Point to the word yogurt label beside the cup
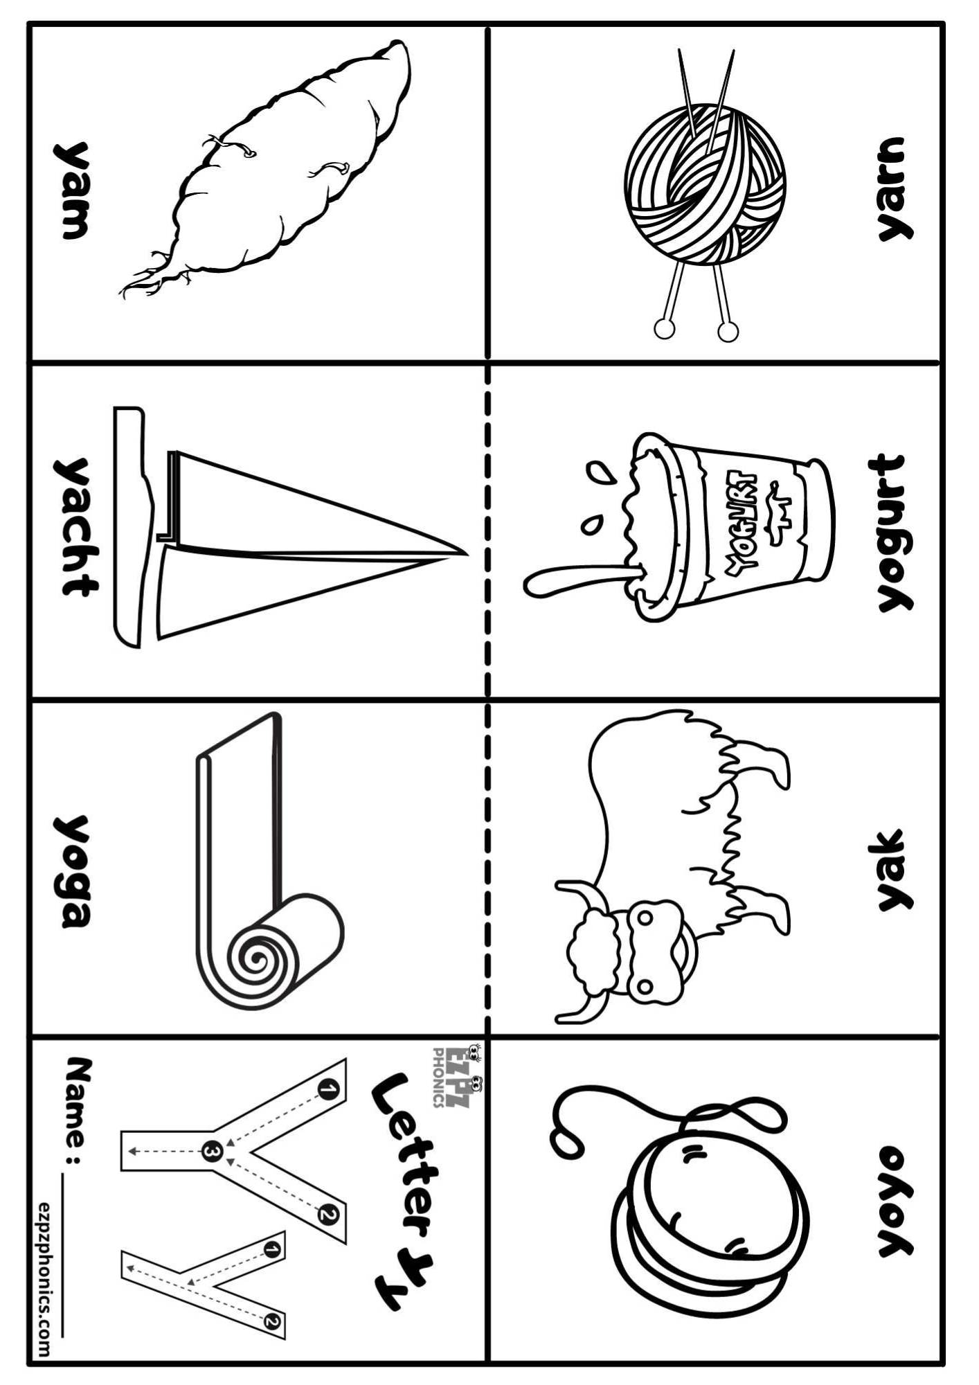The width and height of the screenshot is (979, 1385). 892,533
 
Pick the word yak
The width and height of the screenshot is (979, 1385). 894,869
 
